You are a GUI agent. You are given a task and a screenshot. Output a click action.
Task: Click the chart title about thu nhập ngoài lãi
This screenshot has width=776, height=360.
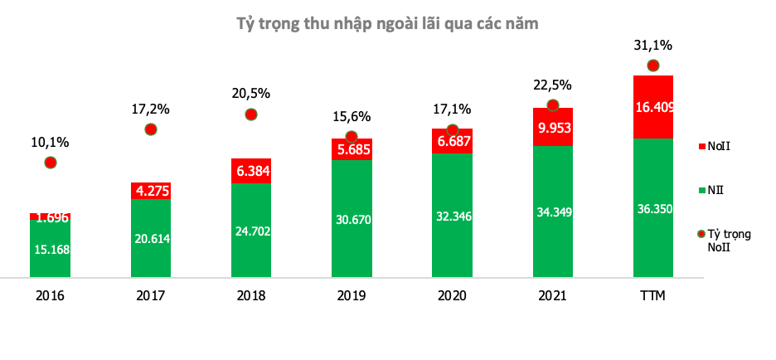tap(388, 24)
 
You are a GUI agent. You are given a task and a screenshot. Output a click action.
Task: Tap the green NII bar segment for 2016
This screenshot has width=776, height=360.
tap(50, 248)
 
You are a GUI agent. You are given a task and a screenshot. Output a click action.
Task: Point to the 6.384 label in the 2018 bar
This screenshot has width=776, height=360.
tap(250, 171)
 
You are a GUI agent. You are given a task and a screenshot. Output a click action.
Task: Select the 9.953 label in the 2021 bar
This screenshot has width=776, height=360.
tap(552, 128)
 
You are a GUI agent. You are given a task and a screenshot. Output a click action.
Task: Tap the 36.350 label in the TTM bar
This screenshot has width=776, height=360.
tap(652, 209)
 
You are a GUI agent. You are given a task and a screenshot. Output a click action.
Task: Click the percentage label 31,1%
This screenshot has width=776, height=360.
tap(652, 45)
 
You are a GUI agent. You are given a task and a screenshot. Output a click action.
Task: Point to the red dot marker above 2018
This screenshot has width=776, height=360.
tap(251, 114)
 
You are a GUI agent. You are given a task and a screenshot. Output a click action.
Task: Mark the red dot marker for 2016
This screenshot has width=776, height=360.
tap(50, 162)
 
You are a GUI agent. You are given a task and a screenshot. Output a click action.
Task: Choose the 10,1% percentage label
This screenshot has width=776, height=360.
tap(50, 142)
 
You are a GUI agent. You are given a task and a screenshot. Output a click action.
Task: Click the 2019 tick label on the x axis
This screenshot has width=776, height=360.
tap(352, 296)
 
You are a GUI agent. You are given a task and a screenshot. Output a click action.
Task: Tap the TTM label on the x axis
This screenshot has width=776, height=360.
tap(652, 296)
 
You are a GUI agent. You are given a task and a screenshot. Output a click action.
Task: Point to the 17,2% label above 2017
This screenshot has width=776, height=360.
tap(150, 109)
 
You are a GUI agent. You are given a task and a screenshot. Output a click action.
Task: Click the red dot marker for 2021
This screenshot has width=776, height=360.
tap(552, 105)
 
